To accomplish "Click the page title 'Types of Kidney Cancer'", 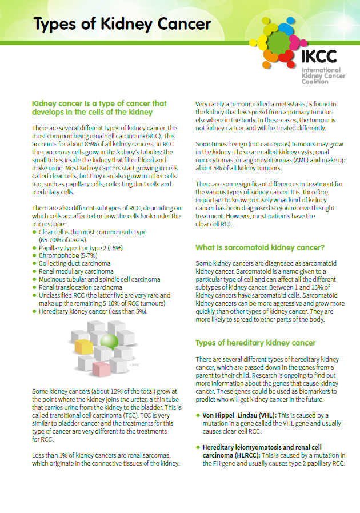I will coord(122,24).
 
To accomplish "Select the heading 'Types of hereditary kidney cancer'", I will coord(255,343).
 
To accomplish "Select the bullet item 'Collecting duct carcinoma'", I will coord(74,264).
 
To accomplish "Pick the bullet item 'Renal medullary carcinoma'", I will coord(75,272).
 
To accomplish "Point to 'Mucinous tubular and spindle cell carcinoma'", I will coord(99,280).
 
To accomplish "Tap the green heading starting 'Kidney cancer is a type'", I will coord(99,107).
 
